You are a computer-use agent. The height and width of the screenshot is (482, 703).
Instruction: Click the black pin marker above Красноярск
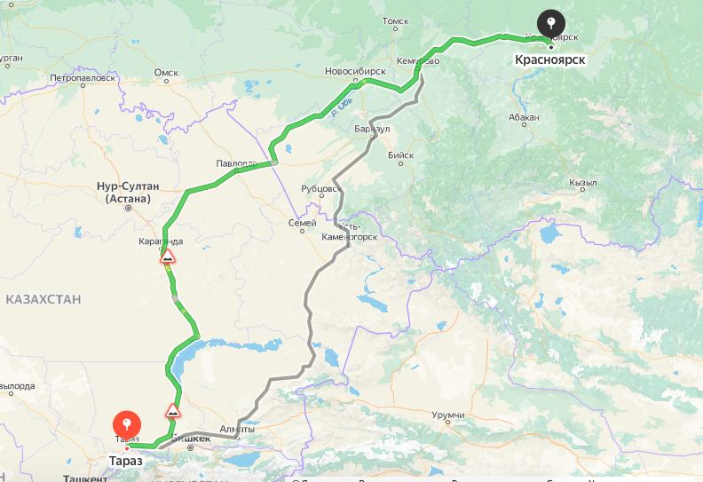[x=551, y=23]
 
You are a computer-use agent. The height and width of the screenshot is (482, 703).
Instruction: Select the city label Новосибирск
[x=355, y=70]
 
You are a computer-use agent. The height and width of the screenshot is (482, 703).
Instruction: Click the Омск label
[x=166, y=73]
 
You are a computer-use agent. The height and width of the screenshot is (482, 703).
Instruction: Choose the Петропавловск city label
[x=83, y=78]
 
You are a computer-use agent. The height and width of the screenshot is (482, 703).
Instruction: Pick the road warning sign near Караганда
[x=168, y=257]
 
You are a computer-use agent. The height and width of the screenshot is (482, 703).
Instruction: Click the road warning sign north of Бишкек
[x=174, y=411]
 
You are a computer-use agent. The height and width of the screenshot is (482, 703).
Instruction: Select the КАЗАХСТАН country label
[x=43, y=300]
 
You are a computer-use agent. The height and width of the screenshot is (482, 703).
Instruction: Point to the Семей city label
[x=303, y=223]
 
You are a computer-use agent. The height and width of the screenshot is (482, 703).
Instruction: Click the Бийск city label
[x=401, y=155]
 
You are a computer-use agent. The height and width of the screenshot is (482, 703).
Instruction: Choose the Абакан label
[x=525, y=116]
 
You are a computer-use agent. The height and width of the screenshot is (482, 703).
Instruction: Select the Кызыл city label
[x=583, y=183]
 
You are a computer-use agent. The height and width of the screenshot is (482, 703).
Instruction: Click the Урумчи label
[x=448, y=415]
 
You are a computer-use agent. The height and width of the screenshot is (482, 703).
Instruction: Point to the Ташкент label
[x=85, y=478]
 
